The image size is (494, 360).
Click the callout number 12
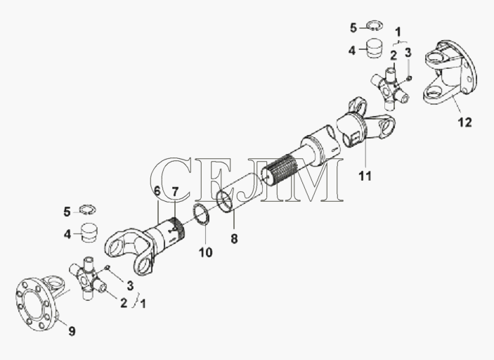[x=465, y=122]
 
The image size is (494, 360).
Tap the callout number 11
[x=365, y=176]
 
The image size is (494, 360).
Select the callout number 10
[x=205, y=252]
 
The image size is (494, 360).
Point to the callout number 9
[x=72, y=331]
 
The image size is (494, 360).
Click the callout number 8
[x=234, y=239]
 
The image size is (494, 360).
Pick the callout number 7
[x=175, y=191]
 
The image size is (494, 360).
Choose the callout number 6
[x=157, y=191]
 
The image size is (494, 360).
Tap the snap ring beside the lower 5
[x=88, y=210]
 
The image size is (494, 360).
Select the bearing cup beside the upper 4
[x=373, y=49]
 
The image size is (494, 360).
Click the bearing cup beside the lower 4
[x=89, y=233]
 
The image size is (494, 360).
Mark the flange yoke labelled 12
[x=449, y=72]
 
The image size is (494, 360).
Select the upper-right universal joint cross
[x=391, y=88]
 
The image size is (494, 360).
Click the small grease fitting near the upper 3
[x=409, y=77]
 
